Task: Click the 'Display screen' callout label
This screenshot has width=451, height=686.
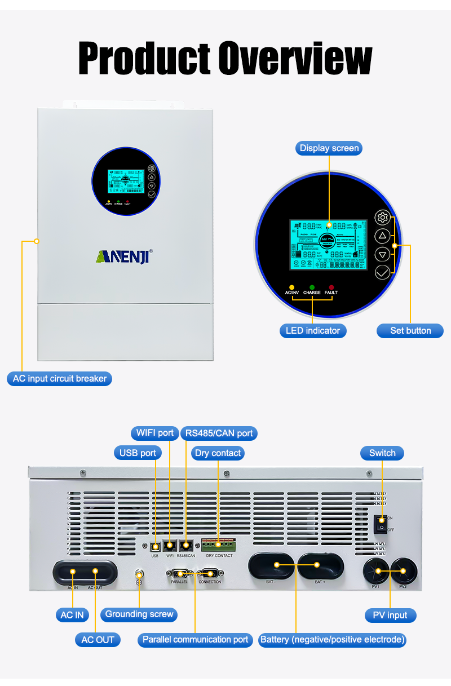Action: coord(329,148)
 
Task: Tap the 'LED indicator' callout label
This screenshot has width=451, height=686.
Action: coord(312,330)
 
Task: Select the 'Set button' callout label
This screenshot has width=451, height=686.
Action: coord(410,330)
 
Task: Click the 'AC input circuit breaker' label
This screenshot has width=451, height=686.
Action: coord(60,379)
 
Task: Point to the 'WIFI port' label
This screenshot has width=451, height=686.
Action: coord(155,433)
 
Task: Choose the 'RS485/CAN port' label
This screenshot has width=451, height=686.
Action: coord(219,433)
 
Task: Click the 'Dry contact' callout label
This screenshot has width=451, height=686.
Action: coord(218,453)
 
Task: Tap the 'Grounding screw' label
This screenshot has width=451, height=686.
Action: coord(139,614)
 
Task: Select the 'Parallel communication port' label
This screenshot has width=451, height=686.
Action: coord(195,640)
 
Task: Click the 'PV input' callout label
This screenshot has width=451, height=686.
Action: coord(390,615)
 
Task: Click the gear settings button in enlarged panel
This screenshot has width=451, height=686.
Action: coord(382,218)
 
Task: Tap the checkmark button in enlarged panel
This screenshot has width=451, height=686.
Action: coord(382,272)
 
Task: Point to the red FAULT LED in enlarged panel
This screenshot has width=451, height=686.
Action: coord(331,287)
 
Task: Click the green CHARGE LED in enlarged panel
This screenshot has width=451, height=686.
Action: coord(312,287)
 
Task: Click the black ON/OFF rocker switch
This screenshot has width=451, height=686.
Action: coord(382,524)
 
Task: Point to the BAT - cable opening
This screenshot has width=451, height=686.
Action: coord(271,565)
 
